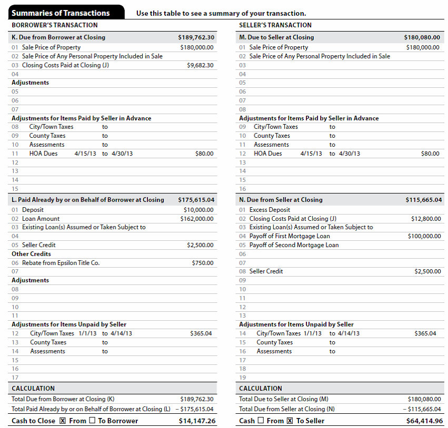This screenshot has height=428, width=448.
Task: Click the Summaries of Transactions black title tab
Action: point(61,13)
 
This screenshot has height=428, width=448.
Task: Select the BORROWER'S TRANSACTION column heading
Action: point(54,25)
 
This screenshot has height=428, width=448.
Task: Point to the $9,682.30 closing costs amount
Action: point(200,65)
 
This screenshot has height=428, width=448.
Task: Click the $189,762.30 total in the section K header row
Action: point(196,37)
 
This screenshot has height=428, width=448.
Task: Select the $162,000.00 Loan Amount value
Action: point(197,219)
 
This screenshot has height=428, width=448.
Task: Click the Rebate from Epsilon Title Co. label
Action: point(61,263)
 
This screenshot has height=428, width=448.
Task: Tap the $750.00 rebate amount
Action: point(203,263)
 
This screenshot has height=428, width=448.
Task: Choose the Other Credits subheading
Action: point(31,254)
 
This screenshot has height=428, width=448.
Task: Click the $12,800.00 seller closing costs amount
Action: point(426,219)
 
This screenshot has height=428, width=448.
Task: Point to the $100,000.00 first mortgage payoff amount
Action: point(424,236)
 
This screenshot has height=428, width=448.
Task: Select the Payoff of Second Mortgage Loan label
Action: point(294,245)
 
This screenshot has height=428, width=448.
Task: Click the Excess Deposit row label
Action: point(270,210)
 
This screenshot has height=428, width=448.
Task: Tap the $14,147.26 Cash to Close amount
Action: point(197,421)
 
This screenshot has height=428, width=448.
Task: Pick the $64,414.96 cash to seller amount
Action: point(424,421)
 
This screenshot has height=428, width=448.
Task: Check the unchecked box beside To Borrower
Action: point(92,421)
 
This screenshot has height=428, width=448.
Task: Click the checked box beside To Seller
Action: point(289,421)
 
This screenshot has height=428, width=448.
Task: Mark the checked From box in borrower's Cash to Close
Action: point(63,421)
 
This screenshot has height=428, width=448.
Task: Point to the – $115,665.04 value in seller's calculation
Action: point(422,409)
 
